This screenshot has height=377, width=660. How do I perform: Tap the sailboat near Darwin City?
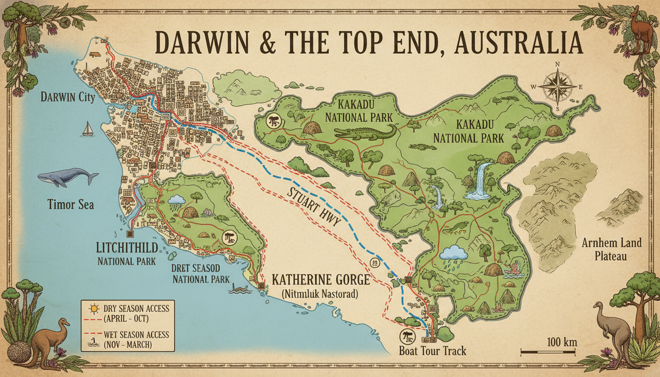click(x=87, y=129)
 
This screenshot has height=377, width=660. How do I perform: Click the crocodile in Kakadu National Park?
click(x=365, y=132)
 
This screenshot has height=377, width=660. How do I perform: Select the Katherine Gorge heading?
click(x=320, y=281)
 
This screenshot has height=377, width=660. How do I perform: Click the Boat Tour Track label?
click(x=432, y=351)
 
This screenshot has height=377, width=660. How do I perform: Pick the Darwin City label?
click(x=68, y=97)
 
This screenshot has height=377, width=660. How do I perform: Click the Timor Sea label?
click(x=71, y=204)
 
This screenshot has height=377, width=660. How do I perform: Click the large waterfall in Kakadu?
click(x=481, y=180)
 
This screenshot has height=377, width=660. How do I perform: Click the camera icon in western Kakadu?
click(x=273, y=121)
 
